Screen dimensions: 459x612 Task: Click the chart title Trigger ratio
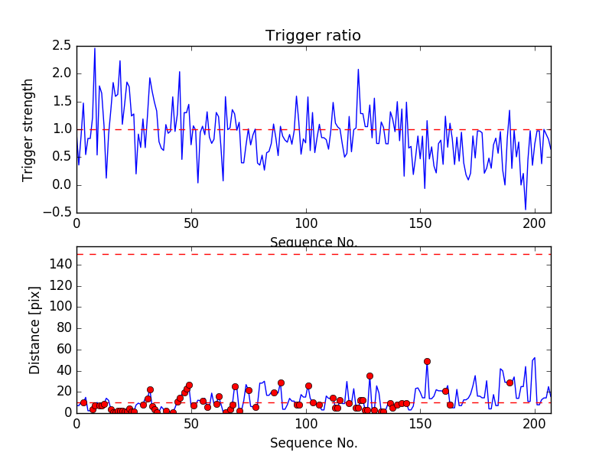[313, 36]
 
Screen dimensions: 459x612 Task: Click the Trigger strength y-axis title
[28, 129]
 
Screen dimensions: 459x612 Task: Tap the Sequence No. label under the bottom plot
[314, 443]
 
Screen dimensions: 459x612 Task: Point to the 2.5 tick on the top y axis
[62, 46]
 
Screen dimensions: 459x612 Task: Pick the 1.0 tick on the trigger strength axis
[62, 129]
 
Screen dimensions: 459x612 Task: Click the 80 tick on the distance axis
[63, 328]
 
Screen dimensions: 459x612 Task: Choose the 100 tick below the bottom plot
[306, 425]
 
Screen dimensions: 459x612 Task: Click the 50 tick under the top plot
[191, 224]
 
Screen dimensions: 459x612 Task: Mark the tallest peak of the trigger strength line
[95, 49]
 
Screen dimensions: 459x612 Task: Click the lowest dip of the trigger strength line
[526, 209]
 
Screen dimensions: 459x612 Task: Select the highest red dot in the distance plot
[427, 361]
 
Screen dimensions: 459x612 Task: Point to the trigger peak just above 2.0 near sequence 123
[358, 70]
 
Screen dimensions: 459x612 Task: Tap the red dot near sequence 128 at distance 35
[369, 376]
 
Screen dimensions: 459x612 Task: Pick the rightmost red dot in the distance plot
[509, 382]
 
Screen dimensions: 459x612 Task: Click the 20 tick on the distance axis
[63, 391]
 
